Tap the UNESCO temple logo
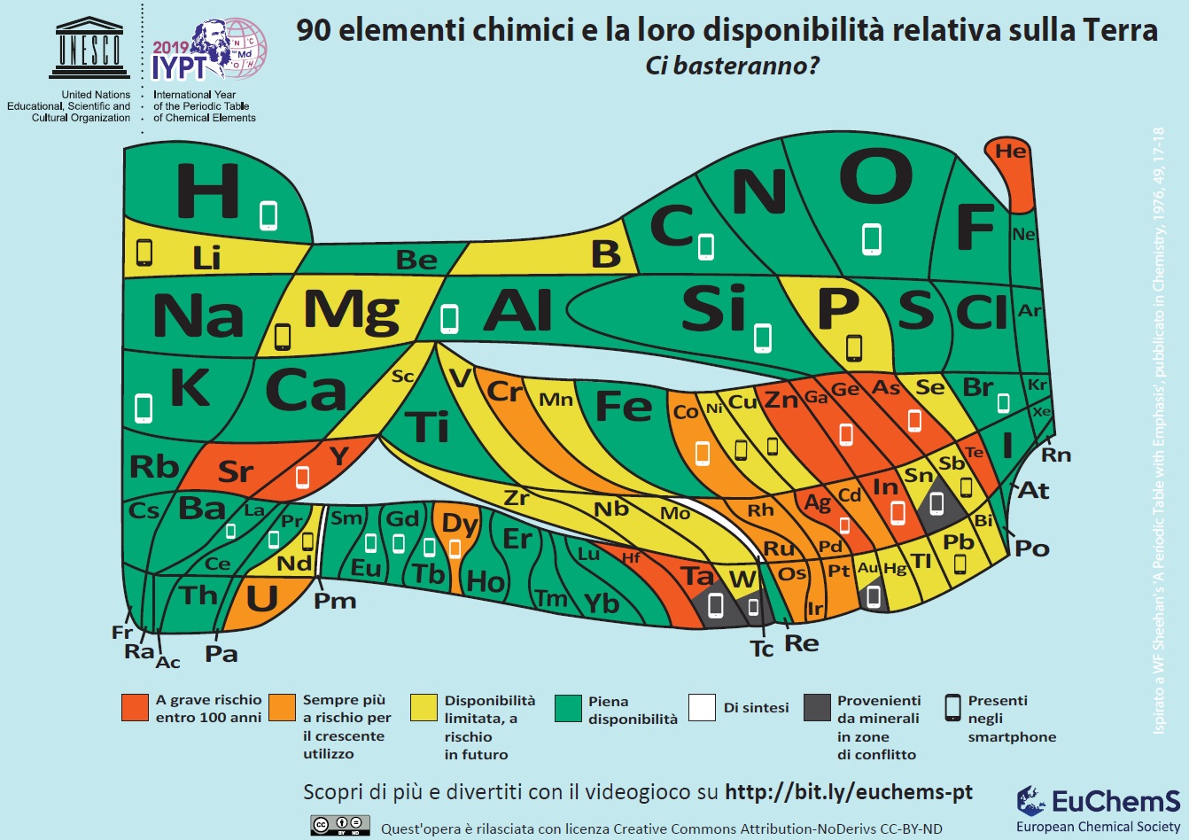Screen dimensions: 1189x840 [x=89, y=48]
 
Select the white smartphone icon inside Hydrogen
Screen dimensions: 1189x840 [x=268, y=215]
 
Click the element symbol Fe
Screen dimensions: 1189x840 [x=624, y=406]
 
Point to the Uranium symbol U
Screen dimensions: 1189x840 [x=262, y=599]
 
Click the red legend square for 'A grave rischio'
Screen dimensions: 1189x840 [x=135, y=707]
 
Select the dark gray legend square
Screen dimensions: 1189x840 [x=817, y=707]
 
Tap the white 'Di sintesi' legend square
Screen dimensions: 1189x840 [x=702, y=707]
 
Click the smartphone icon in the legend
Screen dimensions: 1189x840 [x=953, y=708]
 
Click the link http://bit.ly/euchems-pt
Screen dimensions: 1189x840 [x=849, y=791]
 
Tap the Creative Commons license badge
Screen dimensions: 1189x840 [x=340, y=825]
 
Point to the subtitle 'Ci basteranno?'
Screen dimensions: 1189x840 [x=733, y=66]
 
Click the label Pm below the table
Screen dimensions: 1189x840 [x=335, y=602]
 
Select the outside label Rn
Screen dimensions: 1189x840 [x=1056, y=455]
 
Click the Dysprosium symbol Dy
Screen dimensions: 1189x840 [x=460, y=525]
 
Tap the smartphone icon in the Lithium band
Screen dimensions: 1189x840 [x=144, y=253]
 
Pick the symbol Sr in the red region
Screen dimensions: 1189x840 [x=236, y=471]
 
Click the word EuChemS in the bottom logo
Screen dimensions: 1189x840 [x=1115, y=801]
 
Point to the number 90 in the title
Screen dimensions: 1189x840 [x=313, y=30]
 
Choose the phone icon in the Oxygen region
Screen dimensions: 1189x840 [x=872, y=239]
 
